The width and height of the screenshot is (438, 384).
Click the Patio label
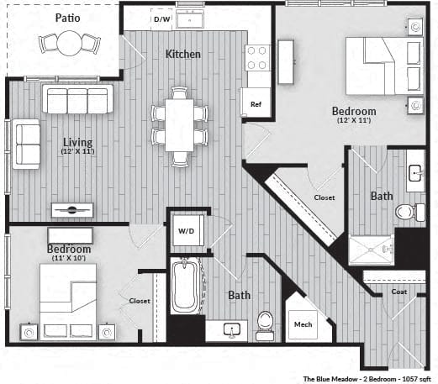(67, 18)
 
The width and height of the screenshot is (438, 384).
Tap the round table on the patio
(69, 44)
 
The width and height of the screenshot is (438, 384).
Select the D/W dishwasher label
(162, 19)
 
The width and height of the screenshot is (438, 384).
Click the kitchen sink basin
(190, 18)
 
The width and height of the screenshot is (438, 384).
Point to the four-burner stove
(256, 58)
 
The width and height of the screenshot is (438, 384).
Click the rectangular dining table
(179, 125)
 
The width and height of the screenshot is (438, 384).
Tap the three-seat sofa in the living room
(77, 99)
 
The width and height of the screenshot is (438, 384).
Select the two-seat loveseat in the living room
(26, 144)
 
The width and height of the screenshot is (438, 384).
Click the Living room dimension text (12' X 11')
(78, 151)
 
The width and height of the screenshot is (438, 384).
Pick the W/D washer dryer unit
(187, 230)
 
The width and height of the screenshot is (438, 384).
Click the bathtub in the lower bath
(184, 286)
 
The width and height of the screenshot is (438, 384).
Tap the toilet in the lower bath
(265, 324)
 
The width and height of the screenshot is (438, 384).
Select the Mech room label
(303, 324)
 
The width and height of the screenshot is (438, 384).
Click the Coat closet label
(399, 292)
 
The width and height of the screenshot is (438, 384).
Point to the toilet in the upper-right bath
(410, 212)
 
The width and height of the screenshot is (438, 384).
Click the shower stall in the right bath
(371, 249)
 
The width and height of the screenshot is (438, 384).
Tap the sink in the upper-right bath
(415, 173)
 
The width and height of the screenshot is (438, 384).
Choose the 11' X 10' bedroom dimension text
(69, 258)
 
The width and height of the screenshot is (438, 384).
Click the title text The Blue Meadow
(330, 379)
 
